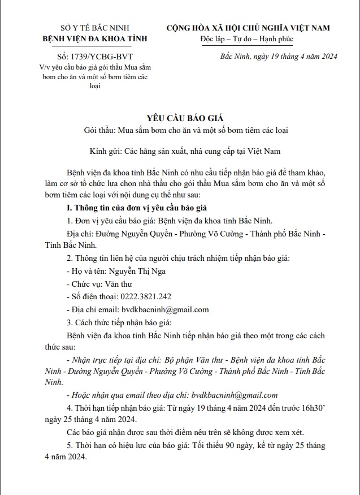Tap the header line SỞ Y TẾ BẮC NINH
(95, 28)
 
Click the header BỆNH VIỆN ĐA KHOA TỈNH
(95, 38)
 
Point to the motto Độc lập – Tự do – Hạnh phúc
(248, 38)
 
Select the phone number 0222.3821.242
(146, 296)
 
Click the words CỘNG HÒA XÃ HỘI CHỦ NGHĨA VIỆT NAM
(248, 28)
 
